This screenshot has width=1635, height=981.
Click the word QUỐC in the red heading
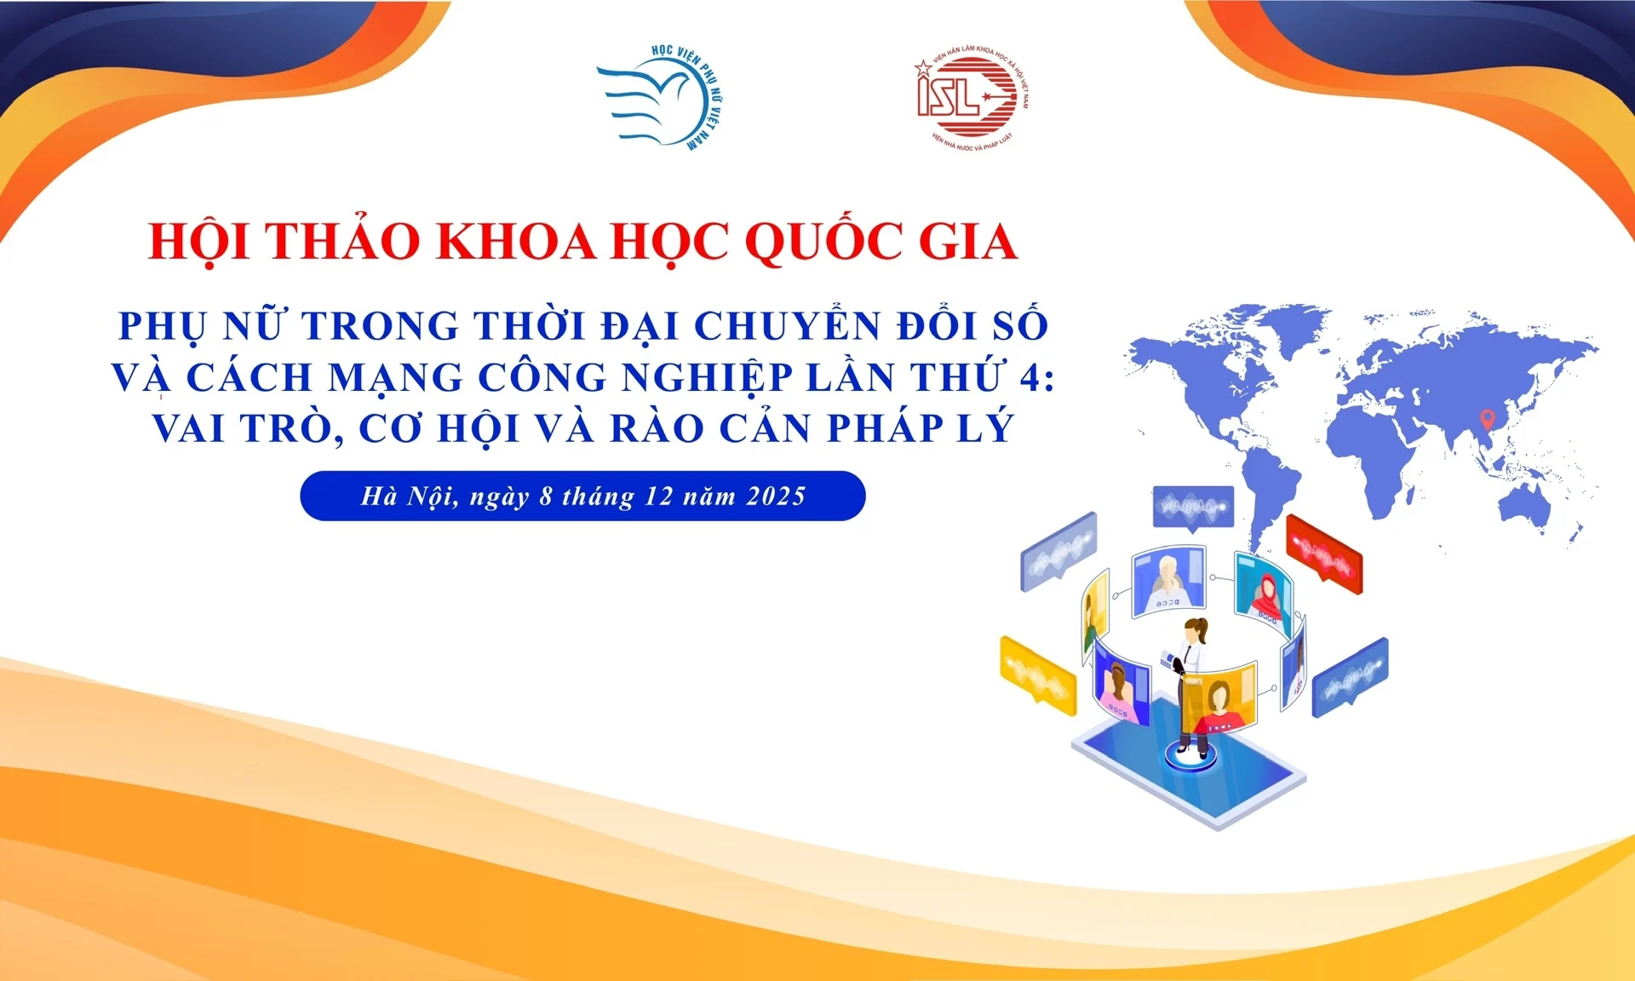[x=822, y=241]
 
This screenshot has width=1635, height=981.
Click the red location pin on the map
[x=1487, y=419]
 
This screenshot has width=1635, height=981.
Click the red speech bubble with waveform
[x=1324, y=553]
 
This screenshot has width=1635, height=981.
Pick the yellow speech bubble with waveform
[x=1038, y=675]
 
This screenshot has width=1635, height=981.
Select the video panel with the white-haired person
[x=1169, y=581]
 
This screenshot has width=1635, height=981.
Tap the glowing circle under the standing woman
[x=1190, y=755]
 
